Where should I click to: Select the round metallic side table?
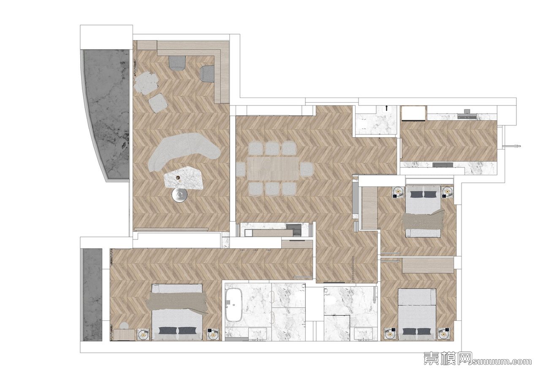180,195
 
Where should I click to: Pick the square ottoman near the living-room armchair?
158,103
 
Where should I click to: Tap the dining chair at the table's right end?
307,169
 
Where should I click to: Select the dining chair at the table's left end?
240,169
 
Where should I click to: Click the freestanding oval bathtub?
234,305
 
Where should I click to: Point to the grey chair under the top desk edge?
178,63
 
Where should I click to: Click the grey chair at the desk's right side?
207,73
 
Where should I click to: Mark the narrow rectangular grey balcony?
92,295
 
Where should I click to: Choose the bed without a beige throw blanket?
417,315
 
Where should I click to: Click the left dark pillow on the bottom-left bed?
167,330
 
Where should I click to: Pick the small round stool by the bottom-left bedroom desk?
125,326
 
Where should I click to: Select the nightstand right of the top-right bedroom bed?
448,192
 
